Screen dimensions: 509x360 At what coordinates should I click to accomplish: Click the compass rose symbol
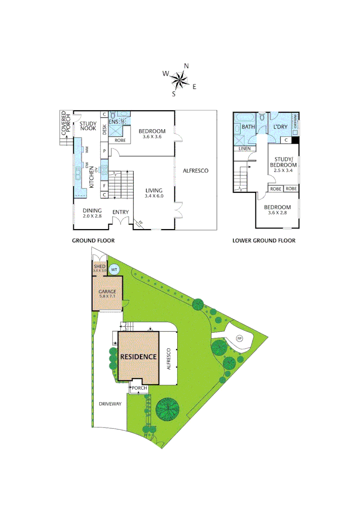click(x=180, y=80)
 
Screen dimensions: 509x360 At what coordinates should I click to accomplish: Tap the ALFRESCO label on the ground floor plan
click(x=196, y=171)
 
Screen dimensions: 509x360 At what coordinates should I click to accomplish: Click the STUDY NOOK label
click(x=88, y=125)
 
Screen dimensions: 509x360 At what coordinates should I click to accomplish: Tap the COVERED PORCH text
click(x=66, y=123)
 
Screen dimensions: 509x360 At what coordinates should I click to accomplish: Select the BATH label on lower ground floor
click(x=248, y=127)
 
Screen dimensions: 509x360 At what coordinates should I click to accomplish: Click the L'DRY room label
click(x=280, y=127)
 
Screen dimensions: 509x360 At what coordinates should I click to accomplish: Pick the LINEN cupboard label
click(x=245, y=149)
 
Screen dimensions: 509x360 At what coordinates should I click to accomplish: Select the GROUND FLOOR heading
click(x=93, y=240)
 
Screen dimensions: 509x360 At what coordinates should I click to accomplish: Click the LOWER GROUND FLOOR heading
click(x=264, y=240)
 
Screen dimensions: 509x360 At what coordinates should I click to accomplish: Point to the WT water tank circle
click(x=114, y=270)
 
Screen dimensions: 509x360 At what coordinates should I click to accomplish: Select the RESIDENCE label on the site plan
click(x=138, y=357)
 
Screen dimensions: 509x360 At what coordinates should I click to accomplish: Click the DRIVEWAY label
click(x=110, y=404)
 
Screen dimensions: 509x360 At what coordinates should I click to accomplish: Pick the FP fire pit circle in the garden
click(x=239, y=338)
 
